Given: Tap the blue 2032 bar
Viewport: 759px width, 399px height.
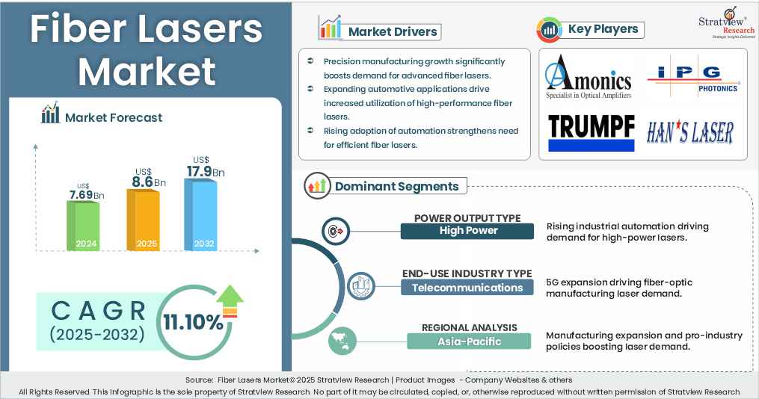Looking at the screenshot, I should pyautogui.click(x=200, y=214).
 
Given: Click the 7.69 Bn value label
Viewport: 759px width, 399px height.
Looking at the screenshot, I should pyautogui.click(x=86, y=195).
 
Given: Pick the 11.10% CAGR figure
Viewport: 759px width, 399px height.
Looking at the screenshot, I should pyautogui.click(x=194, y=322).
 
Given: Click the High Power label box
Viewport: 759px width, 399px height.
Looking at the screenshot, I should pyautogui.click(x=467, y=231).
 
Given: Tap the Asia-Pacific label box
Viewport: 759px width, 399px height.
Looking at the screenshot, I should pyautogui.click(x=469, y=341).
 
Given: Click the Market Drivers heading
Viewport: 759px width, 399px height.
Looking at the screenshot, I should pyautogui.click(x=393, y=31).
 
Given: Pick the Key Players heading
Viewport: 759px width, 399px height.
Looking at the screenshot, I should pyautogui.click(x=603, y=29).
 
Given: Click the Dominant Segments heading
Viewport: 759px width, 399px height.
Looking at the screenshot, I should pyautogui.click(x=396, y=186).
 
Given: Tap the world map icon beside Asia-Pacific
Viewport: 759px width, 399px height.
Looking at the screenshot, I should pyautogui.click(x=340, y=342).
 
